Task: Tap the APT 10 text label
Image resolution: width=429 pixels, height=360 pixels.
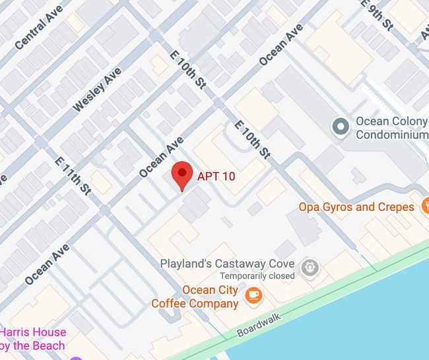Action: pyautogui.click(x=216, y=177)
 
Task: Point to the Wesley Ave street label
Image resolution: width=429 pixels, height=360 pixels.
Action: pyautogui.click(x=97, y=89)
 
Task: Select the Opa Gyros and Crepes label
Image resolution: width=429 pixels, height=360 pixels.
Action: pyautogui.click(x=356, y=207)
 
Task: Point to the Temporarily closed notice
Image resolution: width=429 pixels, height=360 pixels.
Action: pyautogui.click(x=257, y=276)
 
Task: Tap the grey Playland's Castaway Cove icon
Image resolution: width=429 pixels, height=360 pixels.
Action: pyautogui.click(x=308, y=268)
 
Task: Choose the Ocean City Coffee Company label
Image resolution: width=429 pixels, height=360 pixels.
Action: pyautogui.click(x=195, y=297)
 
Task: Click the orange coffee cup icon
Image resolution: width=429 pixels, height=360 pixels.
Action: pyautogui.click(x=253, y=296)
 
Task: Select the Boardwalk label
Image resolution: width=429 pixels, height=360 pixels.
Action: pyautogui.click(x=261, y=324)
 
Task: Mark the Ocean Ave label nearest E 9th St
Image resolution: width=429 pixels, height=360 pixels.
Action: pyautogui.click(x=281, y=45)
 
